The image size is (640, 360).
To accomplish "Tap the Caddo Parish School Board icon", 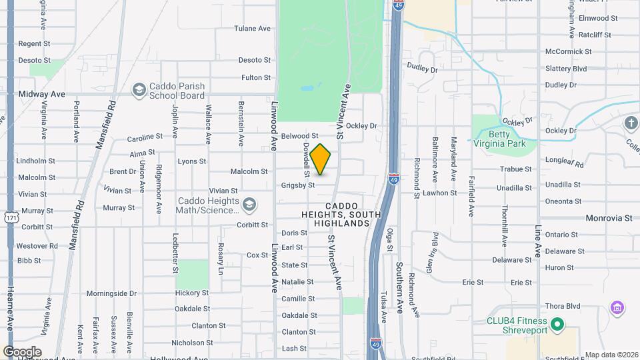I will [x=139, y=89].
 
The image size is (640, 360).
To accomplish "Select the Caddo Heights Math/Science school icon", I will [x=249, y=204].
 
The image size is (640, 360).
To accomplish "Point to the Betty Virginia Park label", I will [x=499, y=137].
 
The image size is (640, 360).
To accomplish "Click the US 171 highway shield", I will [x=11, y=217].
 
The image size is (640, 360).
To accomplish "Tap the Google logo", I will [x=22, y=352].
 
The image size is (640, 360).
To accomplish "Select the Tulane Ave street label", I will [x=252, y=29].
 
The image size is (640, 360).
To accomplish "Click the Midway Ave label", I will [x=42, y=94].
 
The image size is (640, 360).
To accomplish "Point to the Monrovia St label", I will [x=609, y=218].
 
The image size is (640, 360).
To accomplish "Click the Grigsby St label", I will [x=297, y=185].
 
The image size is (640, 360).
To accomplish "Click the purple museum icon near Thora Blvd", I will [x=617, y=308].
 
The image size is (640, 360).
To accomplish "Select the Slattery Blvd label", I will [x=565, y=69].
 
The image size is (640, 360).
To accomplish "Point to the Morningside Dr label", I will [x=111, y=293].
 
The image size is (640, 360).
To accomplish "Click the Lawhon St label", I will [x=440, y=193].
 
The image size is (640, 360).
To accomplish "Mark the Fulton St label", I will [x=256, y=78].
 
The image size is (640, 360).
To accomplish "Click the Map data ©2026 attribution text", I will [x=611, y=355].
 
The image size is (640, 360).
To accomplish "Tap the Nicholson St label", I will [x=192, y=343].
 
